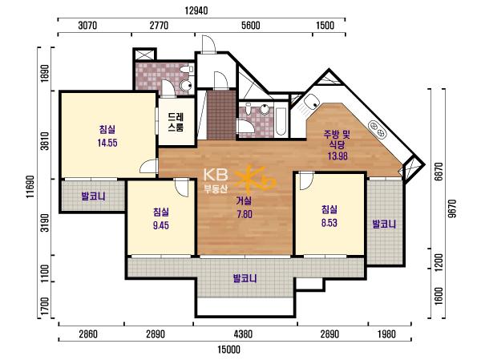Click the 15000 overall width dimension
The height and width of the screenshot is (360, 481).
228,350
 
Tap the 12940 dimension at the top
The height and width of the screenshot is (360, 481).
196,10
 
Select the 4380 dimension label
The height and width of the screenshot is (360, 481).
243,334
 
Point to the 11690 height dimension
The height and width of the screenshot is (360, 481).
30,187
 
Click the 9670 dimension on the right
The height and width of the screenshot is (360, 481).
452,208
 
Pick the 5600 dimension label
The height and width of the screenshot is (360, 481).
250,25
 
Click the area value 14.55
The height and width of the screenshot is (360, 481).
107,143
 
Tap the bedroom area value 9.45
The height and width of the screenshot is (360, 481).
161,225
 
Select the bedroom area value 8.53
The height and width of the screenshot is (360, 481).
329,223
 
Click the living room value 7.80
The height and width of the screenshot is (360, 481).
245,214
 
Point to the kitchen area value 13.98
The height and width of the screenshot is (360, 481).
338,156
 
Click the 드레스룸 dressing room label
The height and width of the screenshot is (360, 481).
176,122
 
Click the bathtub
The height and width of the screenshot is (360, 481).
281,122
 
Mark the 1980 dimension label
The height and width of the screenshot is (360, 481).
386,334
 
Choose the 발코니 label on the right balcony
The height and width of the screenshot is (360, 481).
384,224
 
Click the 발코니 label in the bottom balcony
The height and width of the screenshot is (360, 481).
245,279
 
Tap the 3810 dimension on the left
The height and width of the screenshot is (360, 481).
45,141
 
